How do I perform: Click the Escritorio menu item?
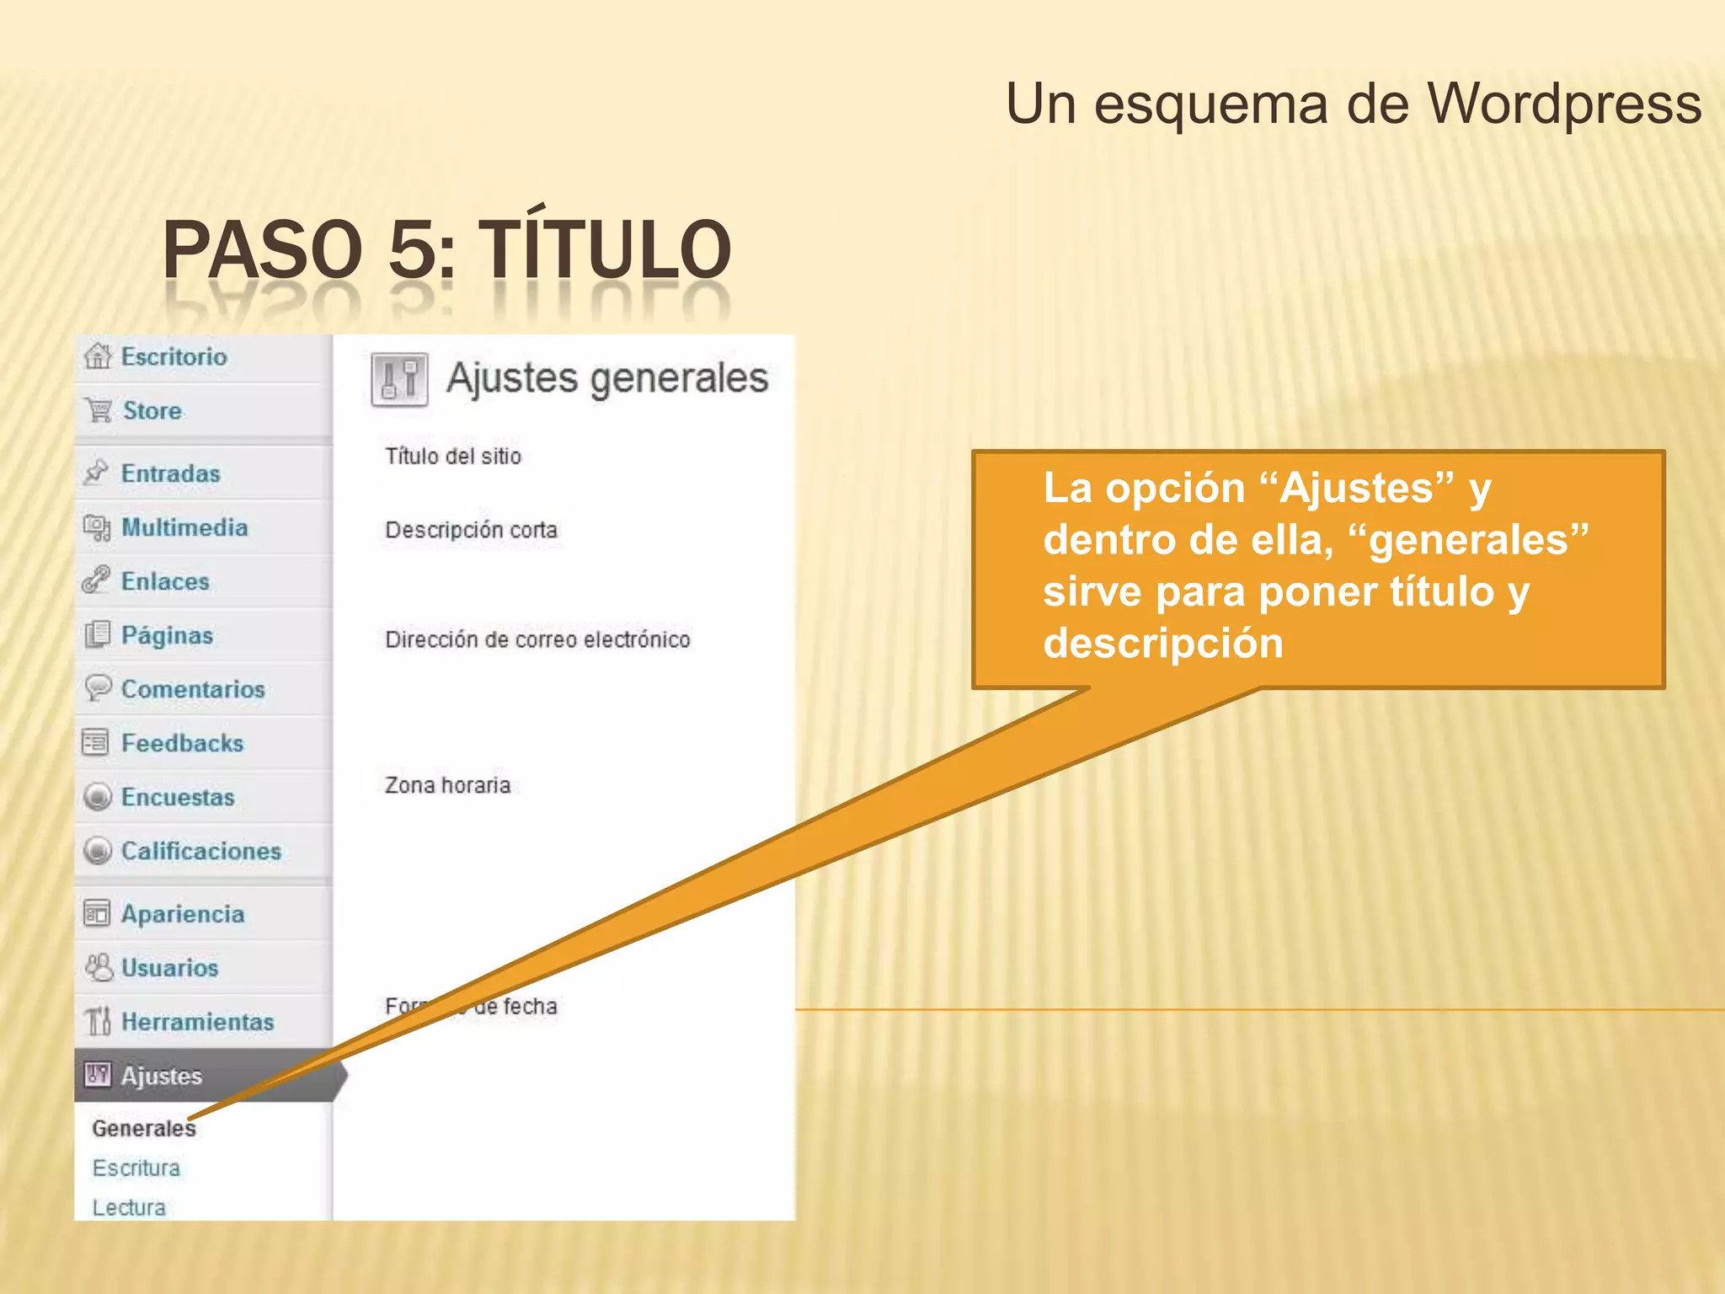coord(174,357)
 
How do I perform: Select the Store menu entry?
coord(152,411)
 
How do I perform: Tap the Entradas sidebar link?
coord(170,473)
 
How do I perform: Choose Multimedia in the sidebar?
coord(184,527)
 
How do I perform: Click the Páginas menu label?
coord(167,635)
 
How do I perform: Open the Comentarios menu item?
coord(193,689)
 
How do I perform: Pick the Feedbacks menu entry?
coord(182,743)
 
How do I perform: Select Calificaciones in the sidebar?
coord(201,851)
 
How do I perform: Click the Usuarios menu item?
coord(169,968)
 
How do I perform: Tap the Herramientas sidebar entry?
coord(198,1022)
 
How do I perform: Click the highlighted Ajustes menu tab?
coord(162,1076)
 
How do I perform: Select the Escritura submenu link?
coord(136,1168)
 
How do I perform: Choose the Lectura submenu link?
coord(129,1207)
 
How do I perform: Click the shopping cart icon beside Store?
coord(99,411)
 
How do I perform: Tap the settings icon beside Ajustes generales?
coord(399,380)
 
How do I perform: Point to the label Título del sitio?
coord(453,457)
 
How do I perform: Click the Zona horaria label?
coord(447,785)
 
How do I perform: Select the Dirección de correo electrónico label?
coord(537,640)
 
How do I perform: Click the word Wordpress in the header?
coord(1564,104)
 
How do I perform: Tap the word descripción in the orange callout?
coord(1163,644)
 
